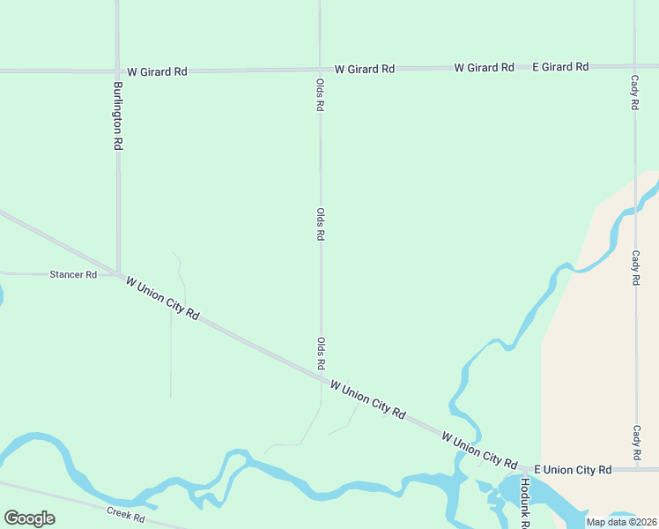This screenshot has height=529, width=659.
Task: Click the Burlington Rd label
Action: [117, 115]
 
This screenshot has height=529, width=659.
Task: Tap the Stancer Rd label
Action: [73, 275]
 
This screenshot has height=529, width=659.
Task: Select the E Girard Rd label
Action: [560, 67]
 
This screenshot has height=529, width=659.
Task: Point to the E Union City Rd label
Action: [573, 470]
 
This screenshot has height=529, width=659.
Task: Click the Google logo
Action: [29, 518]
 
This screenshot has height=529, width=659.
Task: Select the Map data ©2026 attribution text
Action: [621, 522]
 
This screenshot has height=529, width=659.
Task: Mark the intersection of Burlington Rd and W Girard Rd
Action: [117, 71]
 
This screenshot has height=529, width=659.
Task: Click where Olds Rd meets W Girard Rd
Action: [320, 69]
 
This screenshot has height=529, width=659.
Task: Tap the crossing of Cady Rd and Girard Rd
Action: [634, 66]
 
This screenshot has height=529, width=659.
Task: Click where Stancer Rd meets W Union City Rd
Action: [118, 274]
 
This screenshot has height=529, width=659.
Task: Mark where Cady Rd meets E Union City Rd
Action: [634, 470]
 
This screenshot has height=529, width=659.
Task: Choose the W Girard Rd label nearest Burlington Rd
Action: [157, 71]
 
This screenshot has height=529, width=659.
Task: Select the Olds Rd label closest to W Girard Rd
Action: [320, 93]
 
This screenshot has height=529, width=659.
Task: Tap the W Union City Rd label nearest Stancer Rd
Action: [163, 299]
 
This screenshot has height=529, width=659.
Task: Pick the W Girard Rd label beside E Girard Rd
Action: [484, 68]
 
